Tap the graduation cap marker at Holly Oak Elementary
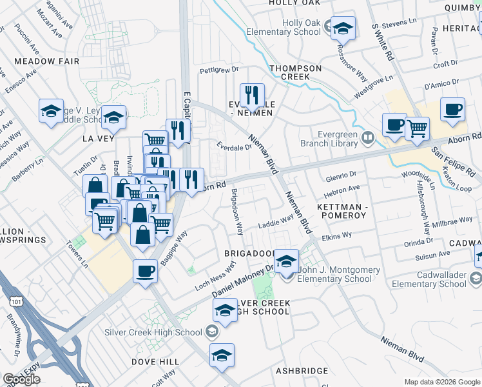click(x=343, y=28)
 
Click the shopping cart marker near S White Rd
click(x=417, y=129)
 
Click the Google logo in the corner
click(x=21, y=379)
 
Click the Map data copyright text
click(x=441, y=382)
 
